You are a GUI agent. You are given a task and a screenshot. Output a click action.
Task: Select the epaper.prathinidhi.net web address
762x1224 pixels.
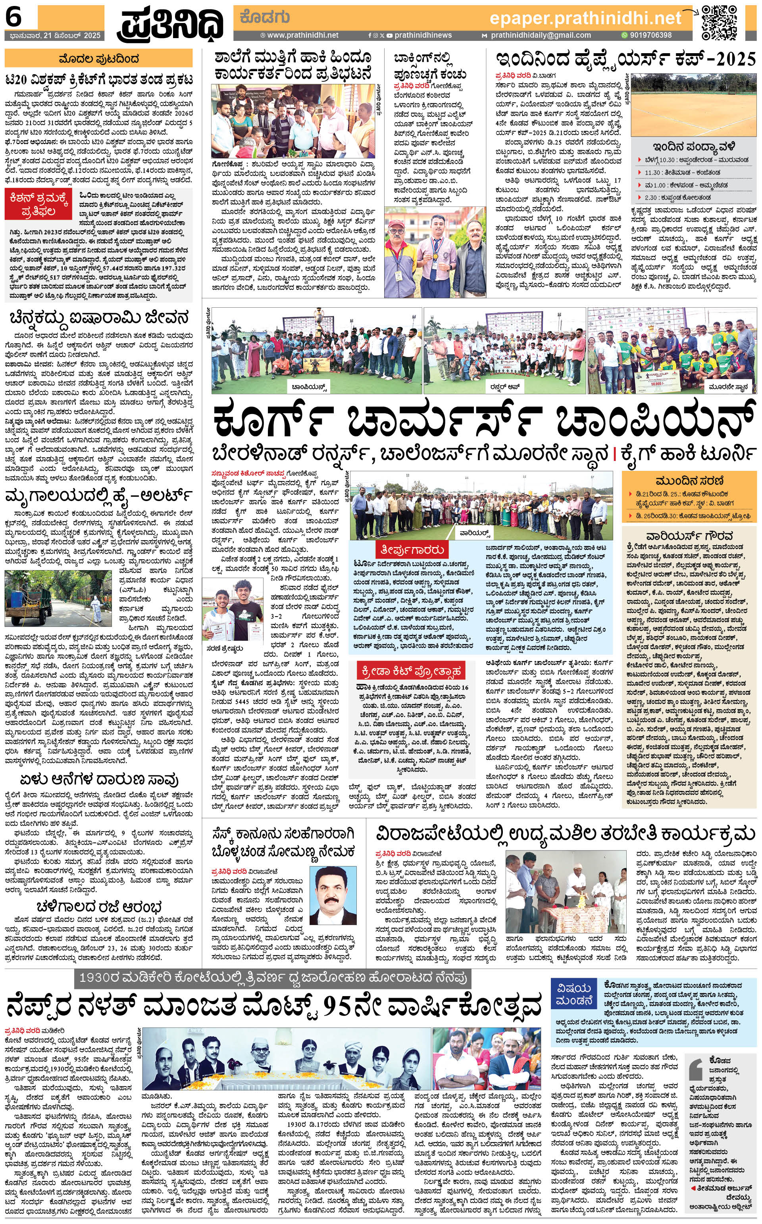pyautogui.click(x=585, y=19)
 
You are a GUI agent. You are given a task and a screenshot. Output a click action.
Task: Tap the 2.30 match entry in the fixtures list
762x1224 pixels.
pyautogui.click(x=650, y=198)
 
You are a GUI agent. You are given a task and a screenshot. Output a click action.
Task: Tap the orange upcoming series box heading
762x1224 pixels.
pyautogui.click(x=689, y=480)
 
